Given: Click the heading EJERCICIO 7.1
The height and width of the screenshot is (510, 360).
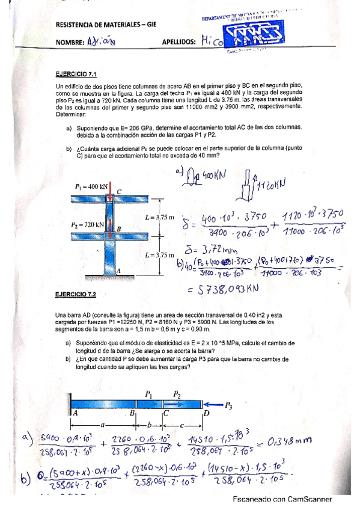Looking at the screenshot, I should coord(75,75).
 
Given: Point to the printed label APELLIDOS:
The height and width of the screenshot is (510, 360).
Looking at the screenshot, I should coord(179,43).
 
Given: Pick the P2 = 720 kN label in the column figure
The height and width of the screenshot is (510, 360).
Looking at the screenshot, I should coord(88,224).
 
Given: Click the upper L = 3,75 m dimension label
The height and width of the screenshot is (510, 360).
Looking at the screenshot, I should coord(159,217).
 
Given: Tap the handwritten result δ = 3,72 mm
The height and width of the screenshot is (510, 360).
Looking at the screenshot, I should coord(204,248).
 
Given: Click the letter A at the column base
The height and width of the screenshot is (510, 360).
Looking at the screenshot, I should coord(119,271).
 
